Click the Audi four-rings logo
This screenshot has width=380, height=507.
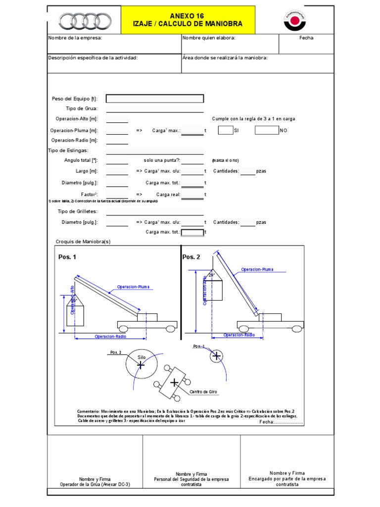coord(84,21)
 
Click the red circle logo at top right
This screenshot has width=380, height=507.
coord(296,20)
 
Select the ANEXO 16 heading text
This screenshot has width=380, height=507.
coord(187,16)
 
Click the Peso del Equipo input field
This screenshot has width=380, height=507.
coord(154,99)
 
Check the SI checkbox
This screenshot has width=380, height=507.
coord(225,130)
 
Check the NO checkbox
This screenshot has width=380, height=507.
coord(267,130)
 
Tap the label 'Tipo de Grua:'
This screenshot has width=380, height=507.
coord(82,108)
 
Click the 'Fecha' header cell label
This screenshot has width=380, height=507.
coord(306,38)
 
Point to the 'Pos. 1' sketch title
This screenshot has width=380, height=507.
coord(67,257)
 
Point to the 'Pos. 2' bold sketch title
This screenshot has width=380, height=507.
coord(191,257)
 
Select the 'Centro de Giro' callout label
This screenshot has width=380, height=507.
coord(203,392)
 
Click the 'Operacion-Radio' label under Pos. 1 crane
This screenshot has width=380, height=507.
coord(110,336)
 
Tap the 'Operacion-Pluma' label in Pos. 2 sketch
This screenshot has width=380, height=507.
coord(257,270)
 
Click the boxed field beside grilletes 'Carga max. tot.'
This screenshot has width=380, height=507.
coord(192,232)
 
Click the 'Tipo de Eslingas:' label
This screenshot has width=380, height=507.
coord(68,151)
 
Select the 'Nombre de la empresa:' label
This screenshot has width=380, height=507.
coord(75,38)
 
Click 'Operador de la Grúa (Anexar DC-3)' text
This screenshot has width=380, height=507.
coord(95,485)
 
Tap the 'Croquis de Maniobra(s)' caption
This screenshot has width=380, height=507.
coord(83,242)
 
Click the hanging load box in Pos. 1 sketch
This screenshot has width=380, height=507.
coord(75,315)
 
